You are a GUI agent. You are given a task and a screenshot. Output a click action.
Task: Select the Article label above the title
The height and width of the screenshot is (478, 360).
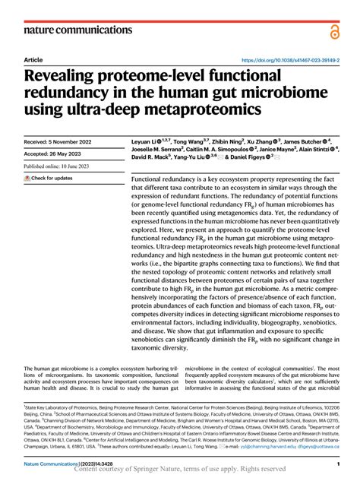coord(33,59)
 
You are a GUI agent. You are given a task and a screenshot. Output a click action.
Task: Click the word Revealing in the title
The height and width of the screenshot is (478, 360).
coord(66,78)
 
